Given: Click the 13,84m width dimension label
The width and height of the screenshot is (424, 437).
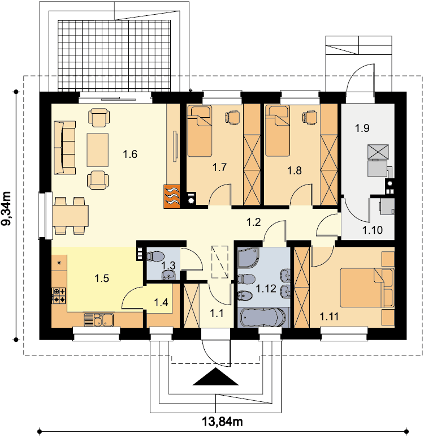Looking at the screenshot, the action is click(222, 422).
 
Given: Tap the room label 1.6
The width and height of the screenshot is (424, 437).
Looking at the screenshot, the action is click(130, 154).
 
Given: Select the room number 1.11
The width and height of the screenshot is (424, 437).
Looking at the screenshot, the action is click(329, 316).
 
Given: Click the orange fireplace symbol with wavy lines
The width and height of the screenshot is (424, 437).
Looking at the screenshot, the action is click(171, 196).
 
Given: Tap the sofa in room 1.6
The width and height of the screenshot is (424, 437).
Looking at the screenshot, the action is click(65, 148).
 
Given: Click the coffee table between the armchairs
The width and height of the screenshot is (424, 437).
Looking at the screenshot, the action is click(97, 150).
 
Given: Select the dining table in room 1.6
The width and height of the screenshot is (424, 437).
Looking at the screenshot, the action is click(70, 216).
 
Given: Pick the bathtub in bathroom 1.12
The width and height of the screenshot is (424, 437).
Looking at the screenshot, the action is click(263, 318).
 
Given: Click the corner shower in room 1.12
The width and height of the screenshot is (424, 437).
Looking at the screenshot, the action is click(249, 258).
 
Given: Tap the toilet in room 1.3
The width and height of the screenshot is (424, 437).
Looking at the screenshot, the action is click(155, 256).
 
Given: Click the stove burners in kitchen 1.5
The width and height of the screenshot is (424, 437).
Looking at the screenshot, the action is click(59, 295).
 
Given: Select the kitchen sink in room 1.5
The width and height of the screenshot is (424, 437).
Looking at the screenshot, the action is click(98, 319).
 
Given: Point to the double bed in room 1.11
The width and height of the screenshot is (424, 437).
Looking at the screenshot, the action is click(367, 288).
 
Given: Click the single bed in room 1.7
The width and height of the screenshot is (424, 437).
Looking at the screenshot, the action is click(199, 131).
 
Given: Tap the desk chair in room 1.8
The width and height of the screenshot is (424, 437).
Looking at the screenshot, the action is click(309, 117).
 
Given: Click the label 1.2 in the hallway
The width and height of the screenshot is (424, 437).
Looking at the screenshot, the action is click(254, 222).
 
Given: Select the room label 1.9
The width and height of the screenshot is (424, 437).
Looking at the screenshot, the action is click(362, 128).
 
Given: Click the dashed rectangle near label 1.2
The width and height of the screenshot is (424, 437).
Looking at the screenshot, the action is click(220, 262).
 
